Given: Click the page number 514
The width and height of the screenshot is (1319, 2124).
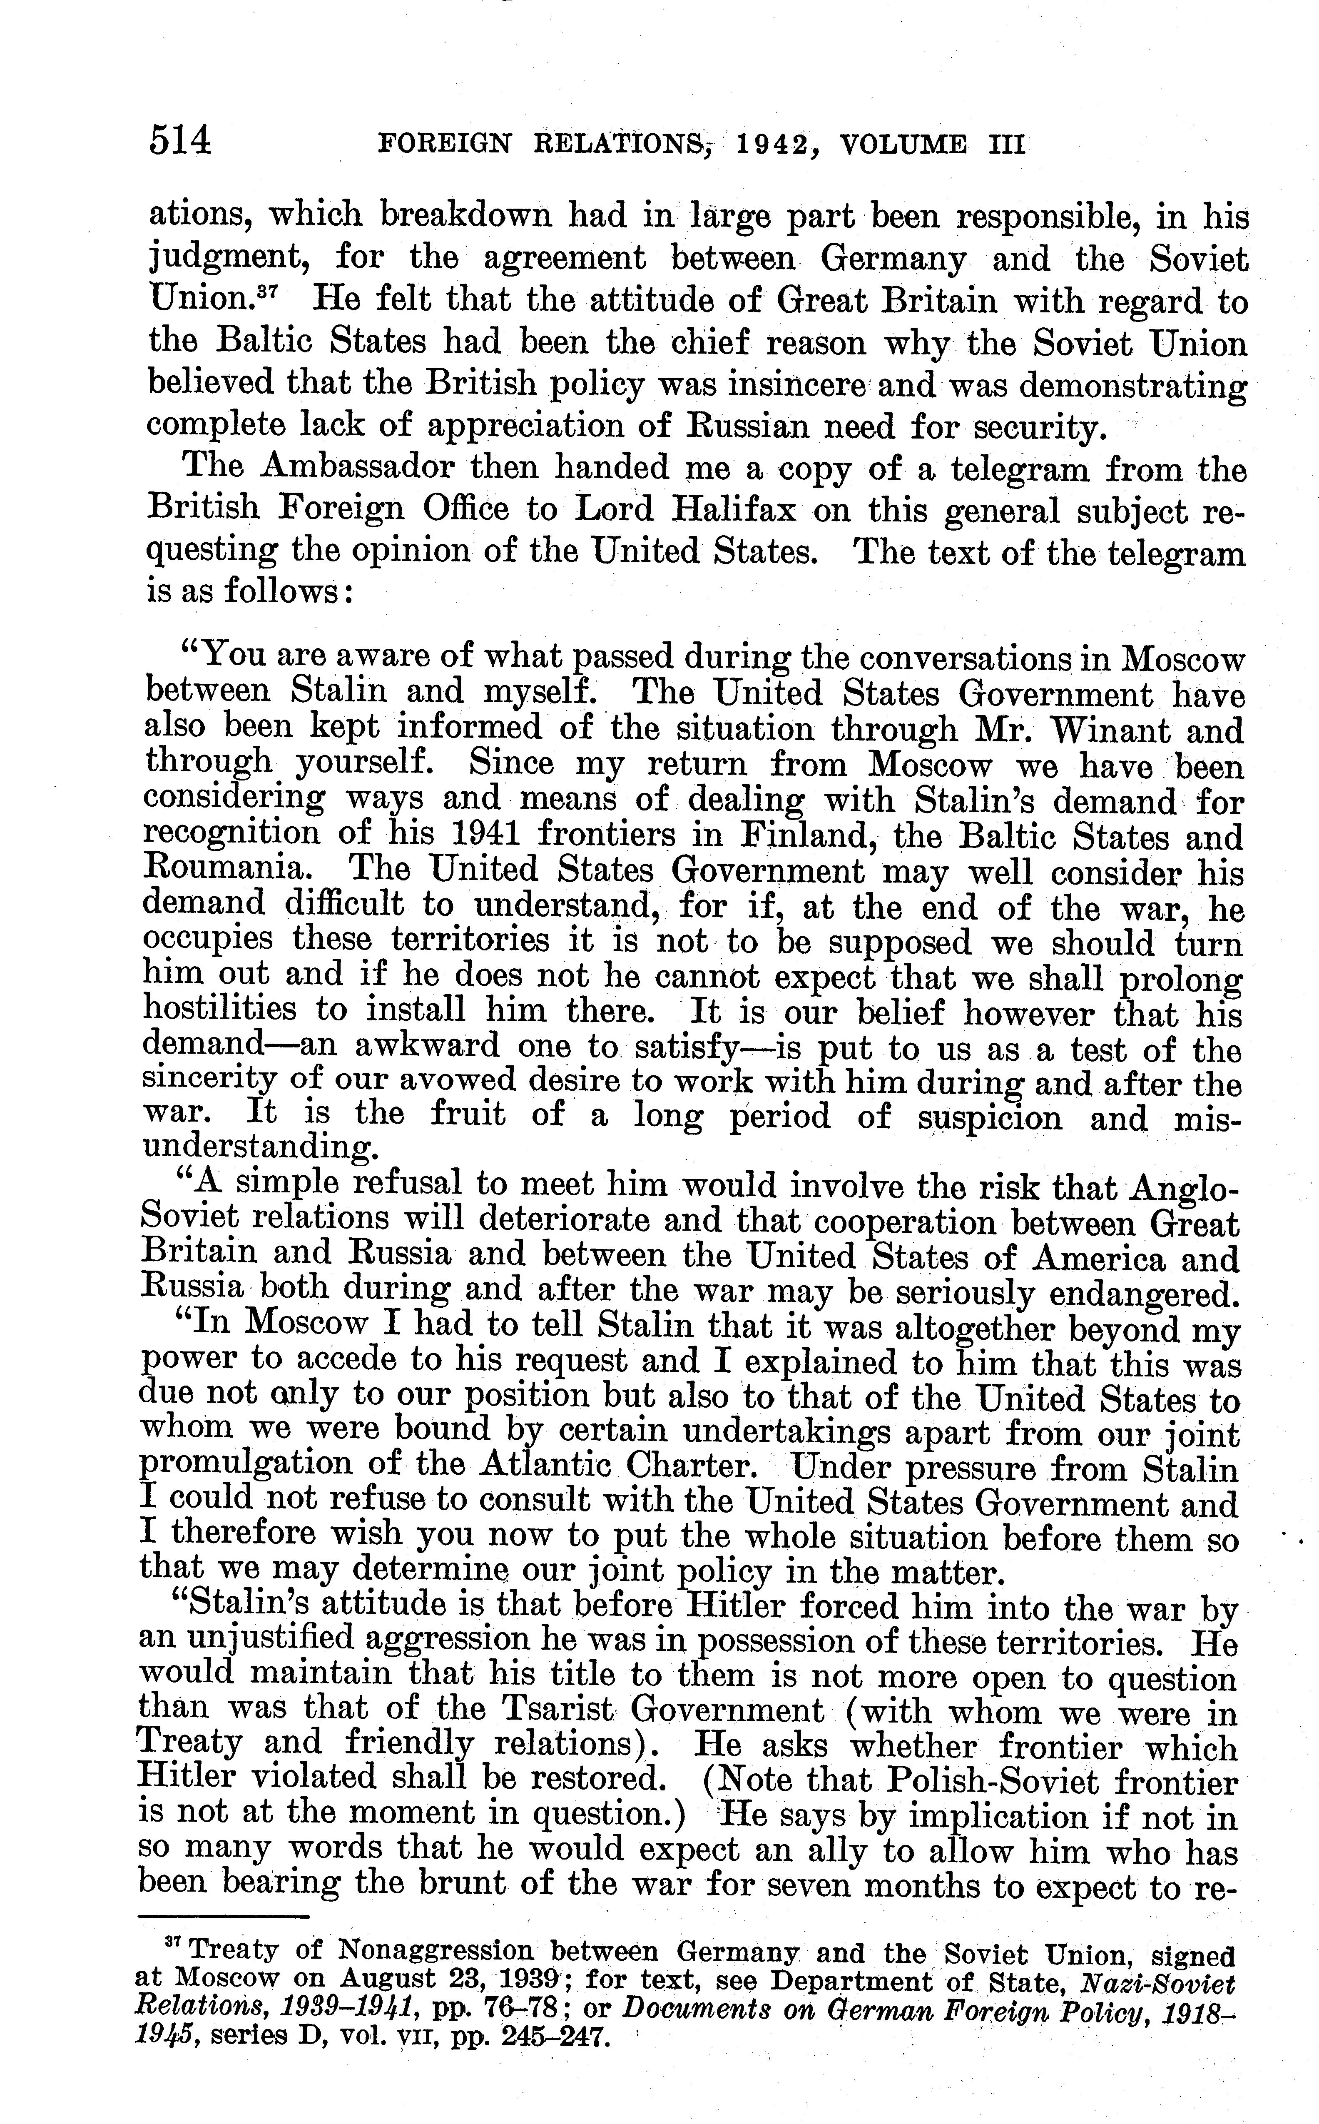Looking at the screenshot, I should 181,140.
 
